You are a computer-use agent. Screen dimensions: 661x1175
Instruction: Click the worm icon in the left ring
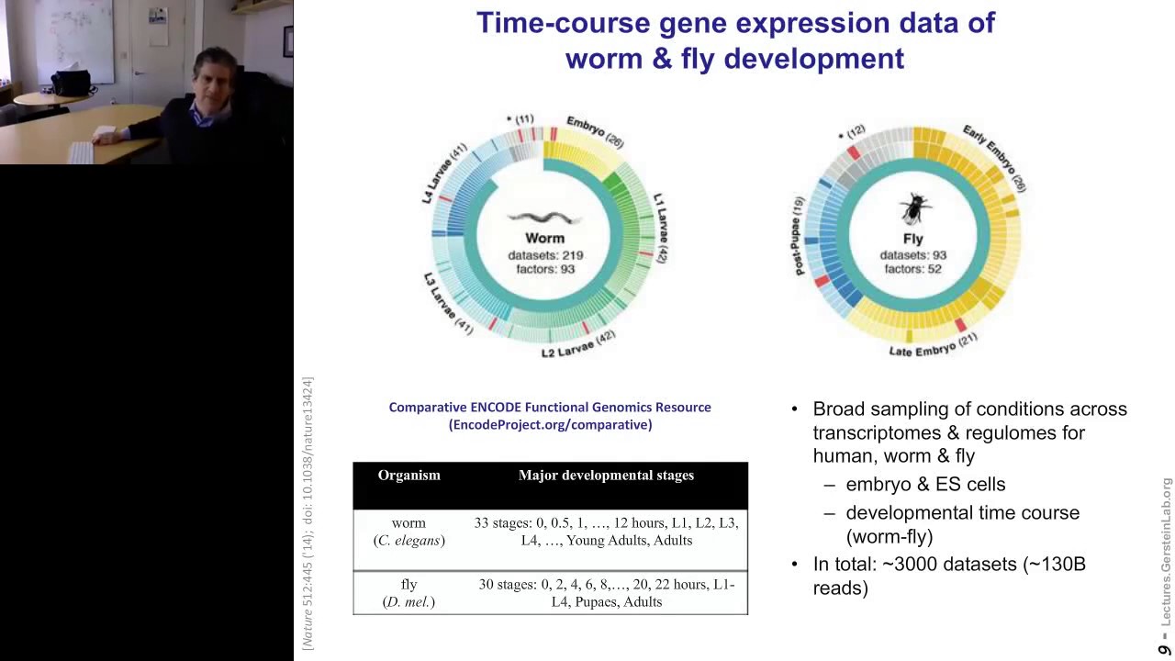544,218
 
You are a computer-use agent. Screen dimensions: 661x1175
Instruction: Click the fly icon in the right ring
912,210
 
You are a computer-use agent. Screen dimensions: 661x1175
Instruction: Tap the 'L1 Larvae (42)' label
661,229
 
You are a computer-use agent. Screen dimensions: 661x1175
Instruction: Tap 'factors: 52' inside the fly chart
912,269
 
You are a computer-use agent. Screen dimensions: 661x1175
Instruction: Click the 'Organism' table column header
408,476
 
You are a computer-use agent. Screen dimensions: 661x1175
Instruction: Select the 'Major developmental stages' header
606,476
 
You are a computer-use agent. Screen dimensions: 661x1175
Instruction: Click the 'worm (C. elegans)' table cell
408,532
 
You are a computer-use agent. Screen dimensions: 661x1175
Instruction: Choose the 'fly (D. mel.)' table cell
408,593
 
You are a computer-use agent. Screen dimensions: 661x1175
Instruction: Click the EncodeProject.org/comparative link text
550,424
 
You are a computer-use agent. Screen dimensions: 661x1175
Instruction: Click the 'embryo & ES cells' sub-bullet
925,484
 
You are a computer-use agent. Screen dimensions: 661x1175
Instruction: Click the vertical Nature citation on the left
308,513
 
